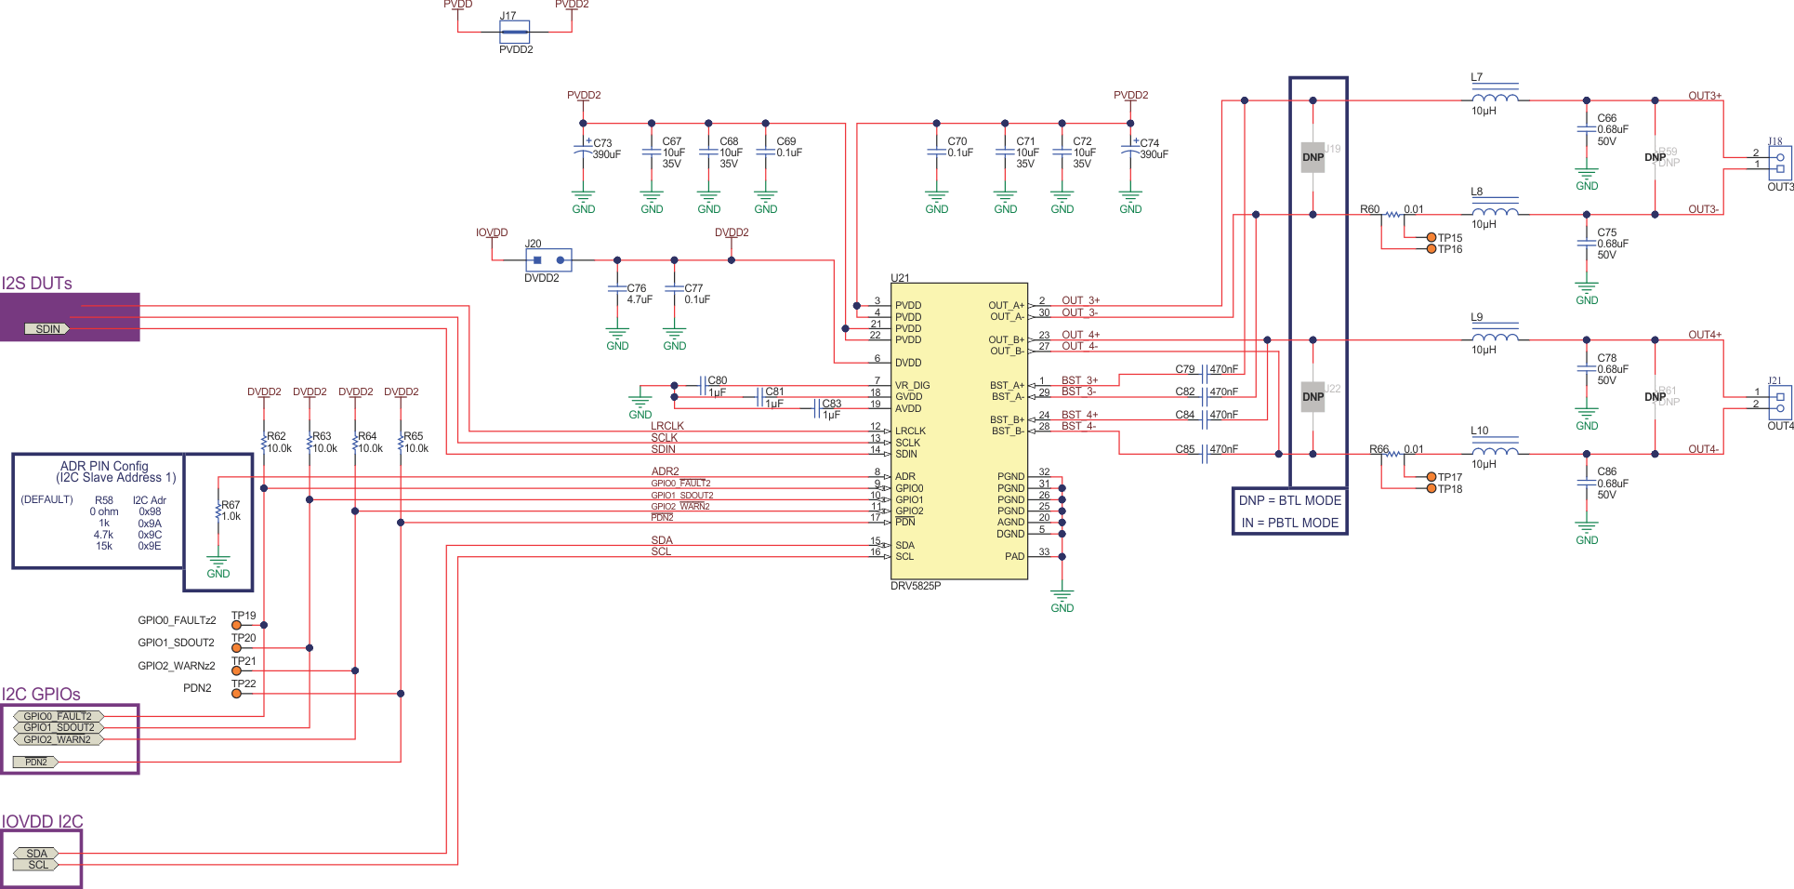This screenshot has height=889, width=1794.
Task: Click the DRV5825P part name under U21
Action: point(916,586)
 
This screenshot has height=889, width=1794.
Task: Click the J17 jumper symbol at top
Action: point(514,33)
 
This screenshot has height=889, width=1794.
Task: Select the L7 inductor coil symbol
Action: point(1495,97)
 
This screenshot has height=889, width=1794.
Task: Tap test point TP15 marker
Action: point(1431,238)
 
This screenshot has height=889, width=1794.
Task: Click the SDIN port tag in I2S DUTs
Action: point(47,329)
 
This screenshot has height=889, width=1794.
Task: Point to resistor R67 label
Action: point(231,505)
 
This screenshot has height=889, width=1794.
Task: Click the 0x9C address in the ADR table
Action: point(150,535)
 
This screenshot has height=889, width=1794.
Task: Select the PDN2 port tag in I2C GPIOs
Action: point(35,762)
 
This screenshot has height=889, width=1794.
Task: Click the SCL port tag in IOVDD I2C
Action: point(37,865)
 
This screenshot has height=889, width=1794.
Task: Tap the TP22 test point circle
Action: point(236,693)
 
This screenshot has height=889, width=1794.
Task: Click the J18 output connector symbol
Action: point(1780,164)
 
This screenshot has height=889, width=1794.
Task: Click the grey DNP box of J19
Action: point(1313,157)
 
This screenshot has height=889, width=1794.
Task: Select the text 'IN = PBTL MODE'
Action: point(1289,523)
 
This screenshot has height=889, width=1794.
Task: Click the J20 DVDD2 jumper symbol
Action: point(548,260)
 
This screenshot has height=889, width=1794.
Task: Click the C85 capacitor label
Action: point(1184,449)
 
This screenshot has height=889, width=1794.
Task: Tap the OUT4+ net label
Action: point(1704,335)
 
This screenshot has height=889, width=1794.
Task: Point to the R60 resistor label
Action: point(1369,209)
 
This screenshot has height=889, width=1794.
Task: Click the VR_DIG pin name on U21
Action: point(912,385)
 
